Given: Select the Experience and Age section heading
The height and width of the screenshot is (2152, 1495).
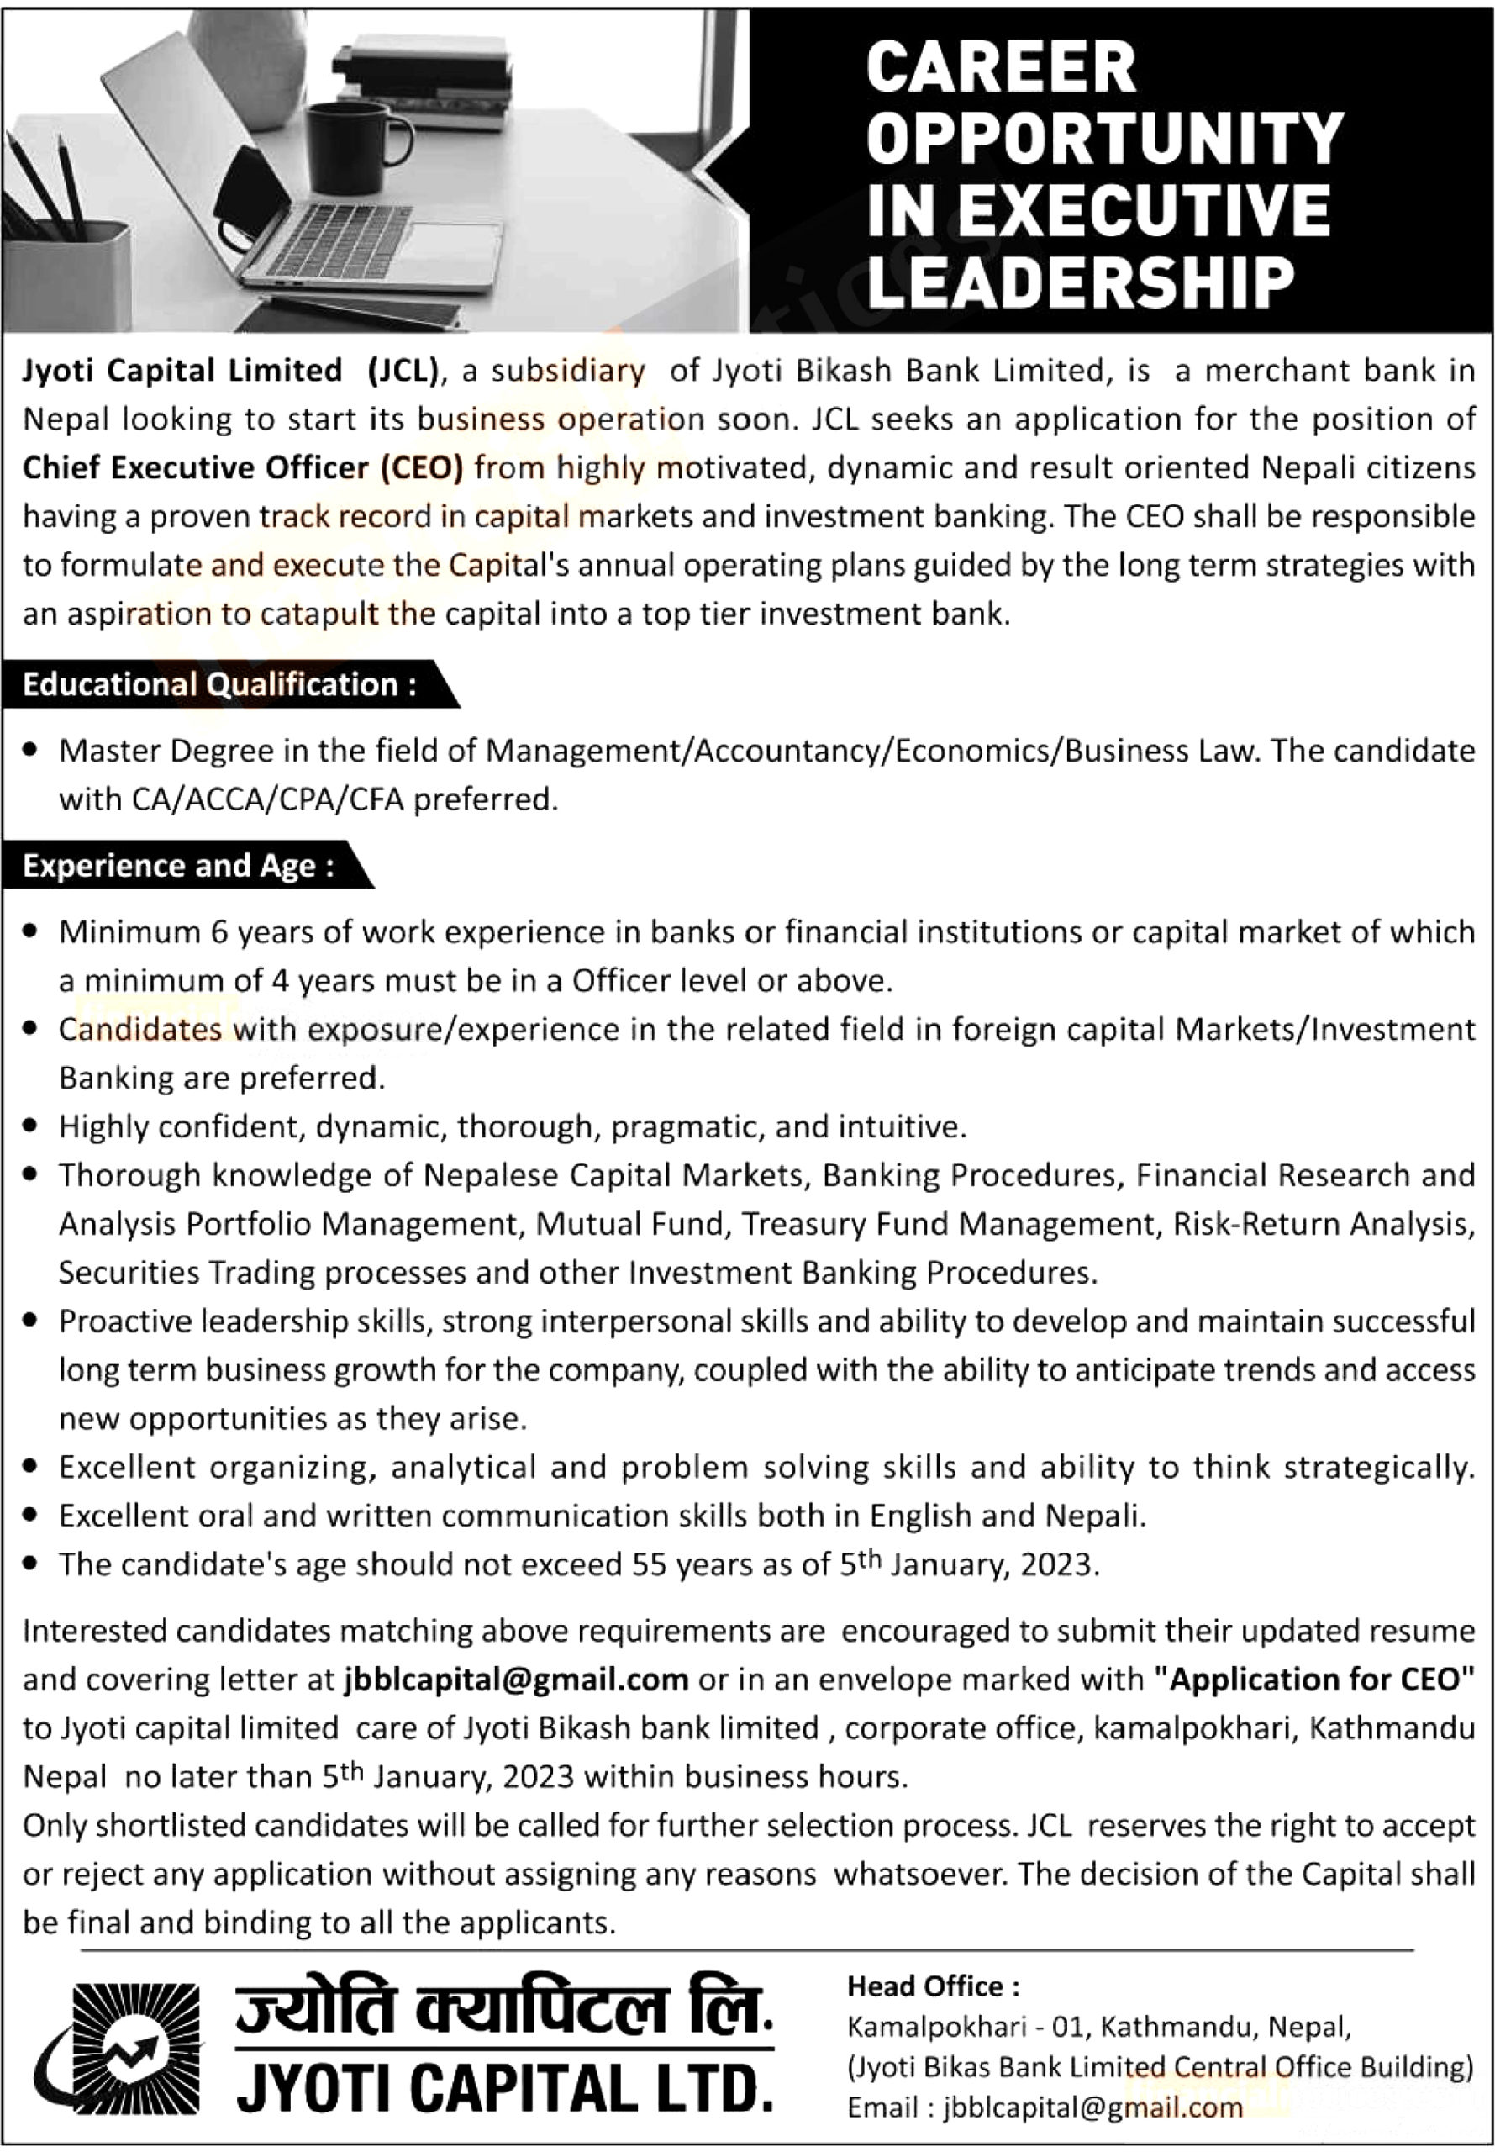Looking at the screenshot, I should tap(178, 866).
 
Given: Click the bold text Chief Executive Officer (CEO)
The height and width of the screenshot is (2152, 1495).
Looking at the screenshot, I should tap(243, 467).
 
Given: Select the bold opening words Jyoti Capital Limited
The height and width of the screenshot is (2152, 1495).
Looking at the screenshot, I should tap(182, 371).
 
